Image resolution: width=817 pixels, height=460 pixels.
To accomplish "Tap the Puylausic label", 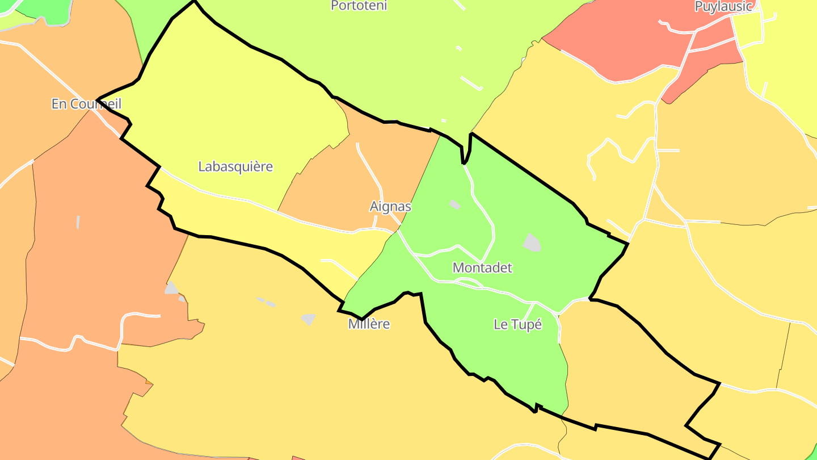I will pos(723,7).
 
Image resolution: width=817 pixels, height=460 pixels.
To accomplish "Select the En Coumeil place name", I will pos(86,104).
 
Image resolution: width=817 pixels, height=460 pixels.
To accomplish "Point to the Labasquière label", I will pos(235,166).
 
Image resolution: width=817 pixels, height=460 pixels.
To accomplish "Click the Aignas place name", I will pos(390,206).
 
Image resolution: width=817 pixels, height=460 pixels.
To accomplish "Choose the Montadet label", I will pos(482,267).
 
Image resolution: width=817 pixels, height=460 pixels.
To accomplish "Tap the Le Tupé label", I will pos(517,325).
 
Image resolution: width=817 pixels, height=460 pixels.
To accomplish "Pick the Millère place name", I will pos(369,324).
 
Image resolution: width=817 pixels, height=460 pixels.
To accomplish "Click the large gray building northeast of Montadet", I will pos(532,242).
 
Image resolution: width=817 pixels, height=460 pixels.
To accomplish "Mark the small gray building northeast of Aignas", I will pos(454,204).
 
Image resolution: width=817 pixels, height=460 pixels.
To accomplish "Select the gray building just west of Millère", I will pos(308,319).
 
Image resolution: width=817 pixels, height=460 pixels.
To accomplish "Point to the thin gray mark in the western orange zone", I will pos(78,221).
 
